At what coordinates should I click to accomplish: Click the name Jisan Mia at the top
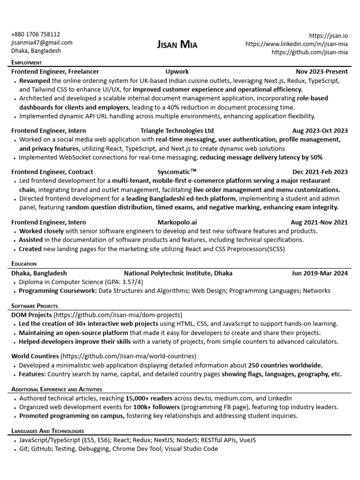pyautogui.click(x=177, y=45)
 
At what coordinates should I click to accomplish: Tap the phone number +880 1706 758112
pyautogui.click(x=36, y=34)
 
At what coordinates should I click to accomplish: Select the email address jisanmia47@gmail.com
pyautogui.click(x=42, y=43)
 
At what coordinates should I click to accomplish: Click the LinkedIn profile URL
pyautogui.click(x=297, y=44)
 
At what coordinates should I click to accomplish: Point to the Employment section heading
pyautogui.click(x=27, y=62)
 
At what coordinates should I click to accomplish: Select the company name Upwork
pyautogui.click(x=177, y=72)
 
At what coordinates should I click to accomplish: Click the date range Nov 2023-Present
pyautogui.click(x=322, y=72)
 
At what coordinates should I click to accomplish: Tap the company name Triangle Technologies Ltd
pyautogui.click(x=177, y=131)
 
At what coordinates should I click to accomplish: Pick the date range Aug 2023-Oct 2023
pyautogui.click(x=320, y=131)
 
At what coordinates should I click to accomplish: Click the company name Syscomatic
pyautogui.click(x=177, y=172)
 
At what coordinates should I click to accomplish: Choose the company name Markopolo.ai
pyautogui.click(x=177, y=222)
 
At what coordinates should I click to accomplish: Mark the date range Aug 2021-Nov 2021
pyautogui.click(x=319, y=222)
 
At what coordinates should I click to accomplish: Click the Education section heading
pyautogui.click(x=24, y=264)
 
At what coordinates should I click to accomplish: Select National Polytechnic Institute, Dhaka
pyautogui.click(x=178, y=273)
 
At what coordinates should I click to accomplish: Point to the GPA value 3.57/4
pyautogui.click(x=130, y=282)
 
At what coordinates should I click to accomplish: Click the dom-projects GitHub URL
pyautogui.click(x=118, y=315)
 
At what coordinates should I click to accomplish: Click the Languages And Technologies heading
pyautogui.click(x=47, y=431)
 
